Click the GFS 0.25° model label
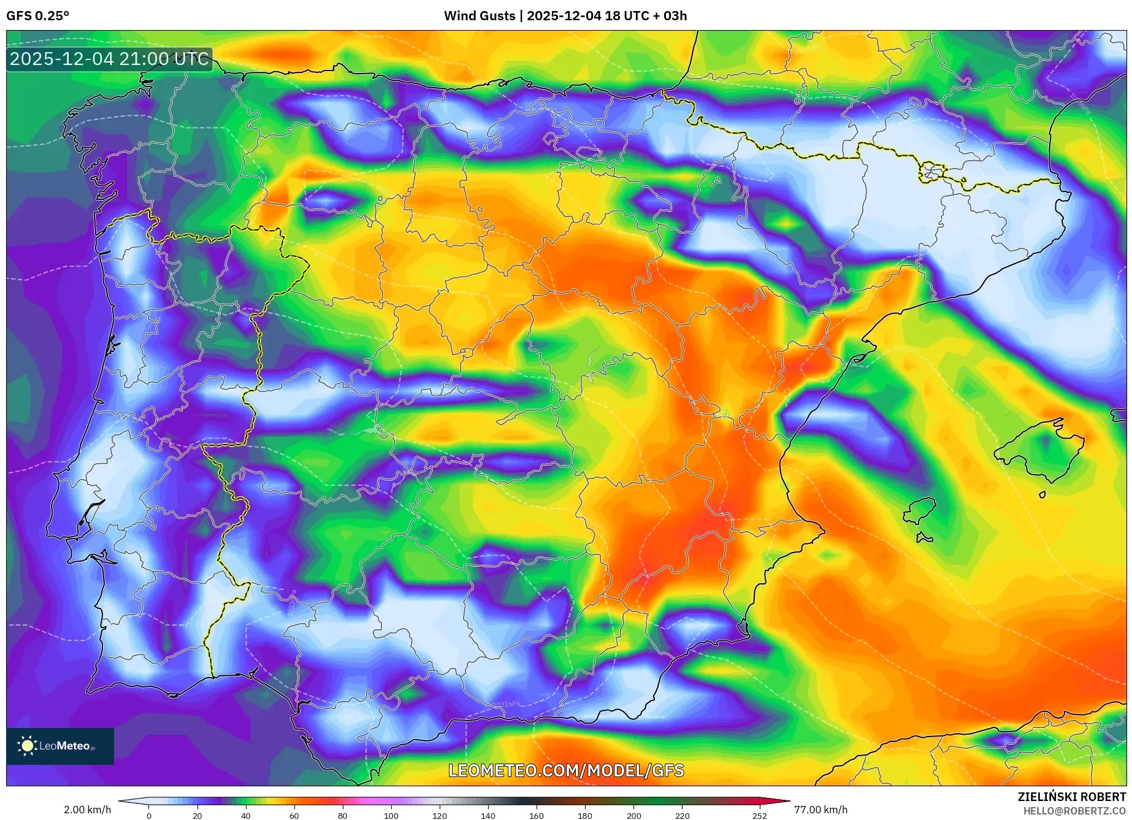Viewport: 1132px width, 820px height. [37, 15]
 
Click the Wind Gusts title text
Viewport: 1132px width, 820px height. [565, 15]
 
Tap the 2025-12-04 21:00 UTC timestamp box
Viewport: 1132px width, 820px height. [109, 59]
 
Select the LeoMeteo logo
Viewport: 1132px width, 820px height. [59, 746]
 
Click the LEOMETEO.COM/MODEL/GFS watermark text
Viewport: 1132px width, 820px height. [565, 770]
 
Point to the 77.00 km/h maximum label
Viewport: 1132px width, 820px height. [820, 810]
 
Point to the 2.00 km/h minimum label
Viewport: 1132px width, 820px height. [88, 810]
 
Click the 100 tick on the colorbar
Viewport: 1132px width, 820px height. [391, 816]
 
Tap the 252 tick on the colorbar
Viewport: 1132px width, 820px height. [759, 816]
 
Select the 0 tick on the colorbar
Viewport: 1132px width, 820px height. [148, 816]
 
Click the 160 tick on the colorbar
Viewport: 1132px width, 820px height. [536, 816]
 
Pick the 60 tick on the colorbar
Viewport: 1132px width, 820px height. [294, 816]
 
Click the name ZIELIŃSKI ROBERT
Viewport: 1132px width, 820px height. [1071, 797]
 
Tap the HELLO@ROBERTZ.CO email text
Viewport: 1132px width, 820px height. [1074, 811]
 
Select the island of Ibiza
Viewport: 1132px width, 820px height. [920, 510]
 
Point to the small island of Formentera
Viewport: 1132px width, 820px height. [924, 538]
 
